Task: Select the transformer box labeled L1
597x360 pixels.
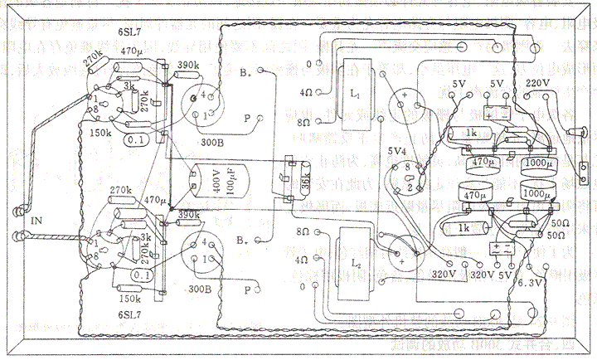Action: [x=355, y=95]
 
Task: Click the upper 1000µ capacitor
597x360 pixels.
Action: [x=536, y=161]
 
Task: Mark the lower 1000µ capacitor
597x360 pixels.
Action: [x=536, y=192]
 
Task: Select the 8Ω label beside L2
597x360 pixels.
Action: [x=303, y=231]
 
